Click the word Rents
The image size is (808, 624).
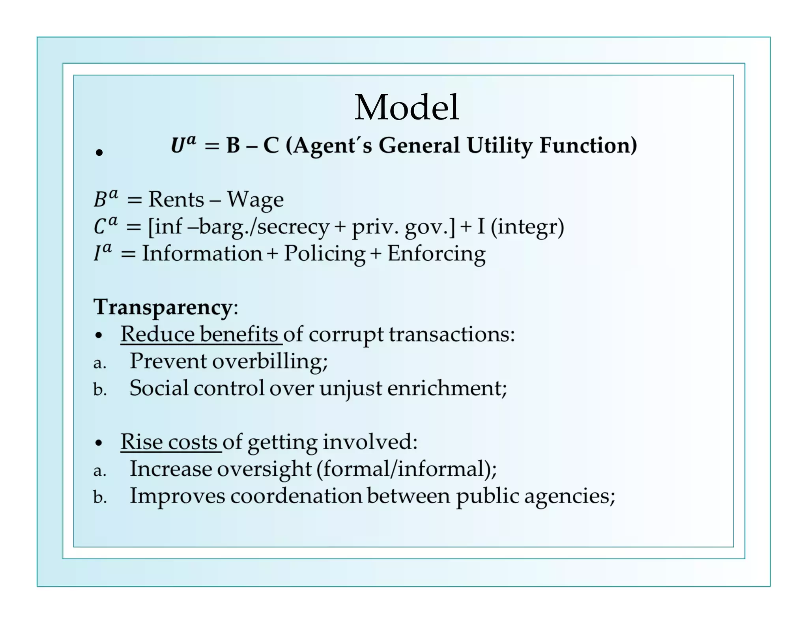coord(176,199)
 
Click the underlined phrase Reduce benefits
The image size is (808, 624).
coord(200,334)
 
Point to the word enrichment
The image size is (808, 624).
coord(446,388)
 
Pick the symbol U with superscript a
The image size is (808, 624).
coord(183,144)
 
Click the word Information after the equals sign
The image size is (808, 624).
coord(202,254)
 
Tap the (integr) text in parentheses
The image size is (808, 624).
coord(527,227)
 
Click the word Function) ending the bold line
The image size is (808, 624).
coord(588,146)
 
